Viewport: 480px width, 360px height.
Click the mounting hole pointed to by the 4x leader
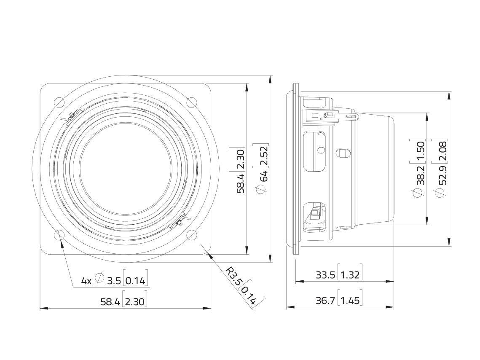click(59, 235)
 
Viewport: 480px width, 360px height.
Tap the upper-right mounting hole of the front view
click(192, 102)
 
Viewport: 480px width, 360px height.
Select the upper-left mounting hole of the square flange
click(59, 102)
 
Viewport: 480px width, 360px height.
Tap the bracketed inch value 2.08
click(442, 150)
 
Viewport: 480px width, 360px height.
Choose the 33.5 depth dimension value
click(325, 275)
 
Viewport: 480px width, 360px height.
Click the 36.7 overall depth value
click(325, 301)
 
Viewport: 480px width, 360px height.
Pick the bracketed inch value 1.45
click(349, 301)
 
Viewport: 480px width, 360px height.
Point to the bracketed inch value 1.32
click(349, 275)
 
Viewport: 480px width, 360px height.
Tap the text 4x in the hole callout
click(86, 280)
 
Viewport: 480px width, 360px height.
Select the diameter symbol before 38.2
click(418, 193)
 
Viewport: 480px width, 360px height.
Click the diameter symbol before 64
click(262, 191)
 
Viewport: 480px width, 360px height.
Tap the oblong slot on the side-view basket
click(343, 152)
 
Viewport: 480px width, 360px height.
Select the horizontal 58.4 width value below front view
click(110, 301)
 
